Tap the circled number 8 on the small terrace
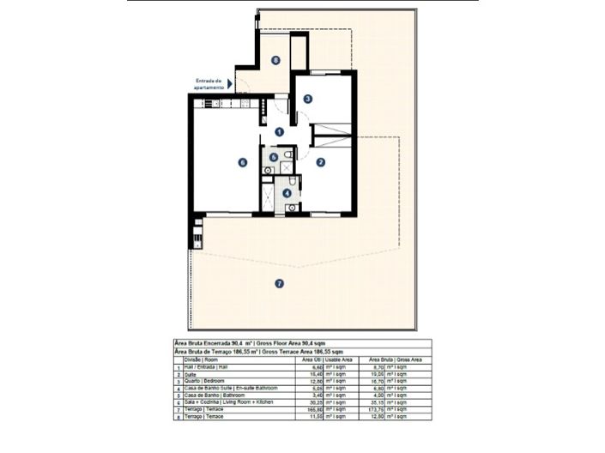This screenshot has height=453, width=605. click(x=275, y=59)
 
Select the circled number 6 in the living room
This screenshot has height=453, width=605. click(x=243, y=161)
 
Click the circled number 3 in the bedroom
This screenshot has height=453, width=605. click(x=307, y=99)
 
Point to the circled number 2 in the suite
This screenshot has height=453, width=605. click(x=319, y=161)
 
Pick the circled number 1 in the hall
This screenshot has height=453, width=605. click(x=279, y=131)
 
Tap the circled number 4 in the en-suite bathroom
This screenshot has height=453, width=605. click(x=287, y=193)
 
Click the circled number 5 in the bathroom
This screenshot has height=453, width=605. click(x=273, y=157)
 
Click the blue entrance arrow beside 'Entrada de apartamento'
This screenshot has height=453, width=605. click(x=229, y=84)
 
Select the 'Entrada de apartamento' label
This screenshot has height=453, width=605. click(x=209, y=84)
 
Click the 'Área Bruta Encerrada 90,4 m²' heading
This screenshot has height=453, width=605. click(x=221, y=341)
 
